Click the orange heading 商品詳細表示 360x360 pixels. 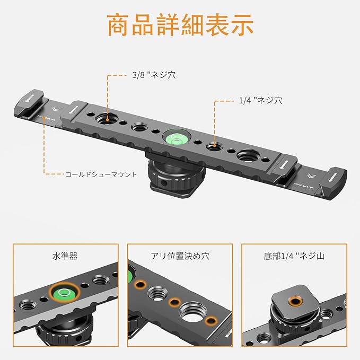180,25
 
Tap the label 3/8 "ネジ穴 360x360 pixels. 153,75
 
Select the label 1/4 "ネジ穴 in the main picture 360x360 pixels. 260,99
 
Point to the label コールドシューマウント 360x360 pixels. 101,174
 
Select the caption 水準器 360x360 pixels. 66,256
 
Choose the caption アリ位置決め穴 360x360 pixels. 180,256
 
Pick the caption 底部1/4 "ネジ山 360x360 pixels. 294,256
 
